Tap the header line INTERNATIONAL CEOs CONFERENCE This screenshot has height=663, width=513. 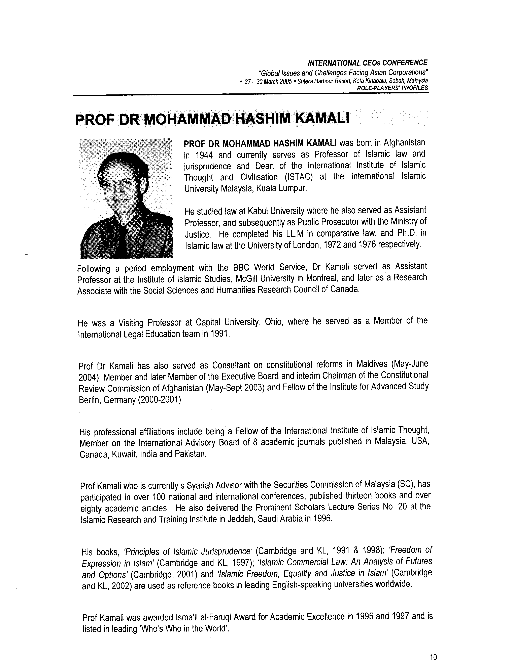[367, 63]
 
